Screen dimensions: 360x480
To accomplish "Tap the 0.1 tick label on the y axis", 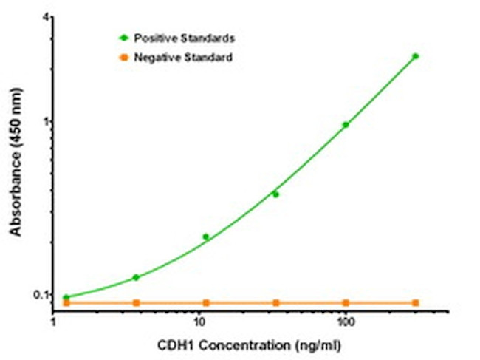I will point(40,295).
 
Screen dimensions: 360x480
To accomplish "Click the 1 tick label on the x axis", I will point(54,323).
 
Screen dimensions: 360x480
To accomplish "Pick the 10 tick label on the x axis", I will point(199,323).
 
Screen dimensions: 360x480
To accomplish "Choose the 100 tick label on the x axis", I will point(345,323).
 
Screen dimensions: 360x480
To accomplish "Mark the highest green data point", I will point(416,56).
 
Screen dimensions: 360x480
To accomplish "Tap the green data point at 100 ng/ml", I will point(346,125).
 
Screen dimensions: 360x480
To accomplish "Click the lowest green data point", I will point(66,297).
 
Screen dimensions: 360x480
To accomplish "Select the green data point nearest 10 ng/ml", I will point(206,237).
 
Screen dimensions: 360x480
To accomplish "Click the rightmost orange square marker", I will point(416,303).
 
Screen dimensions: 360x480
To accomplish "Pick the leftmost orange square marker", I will point(66,303).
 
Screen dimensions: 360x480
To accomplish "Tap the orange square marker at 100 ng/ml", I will point(346,303).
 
